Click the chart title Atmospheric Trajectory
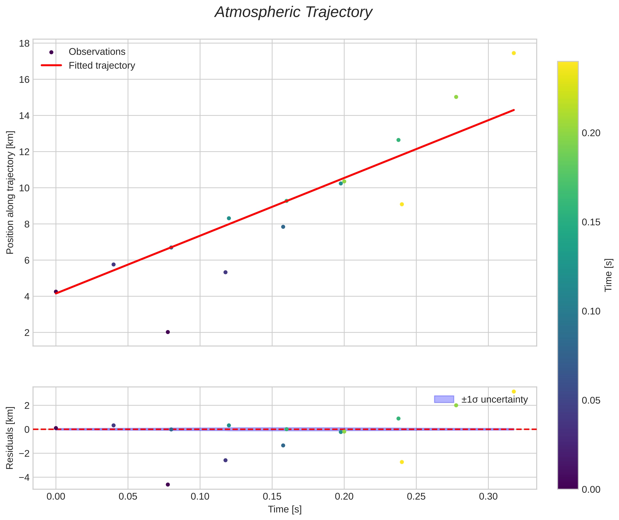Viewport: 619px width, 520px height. [x=293, y=12]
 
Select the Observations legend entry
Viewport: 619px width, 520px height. [x=97, y=52]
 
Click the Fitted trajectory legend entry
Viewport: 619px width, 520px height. [x=102, y=66]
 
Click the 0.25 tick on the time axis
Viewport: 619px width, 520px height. [x=416, y=496]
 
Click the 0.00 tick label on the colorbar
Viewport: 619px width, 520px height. [x=591, y=489]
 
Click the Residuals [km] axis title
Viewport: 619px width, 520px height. [x=10, y=438]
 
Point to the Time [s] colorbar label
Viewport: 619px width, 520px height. [x=609, y=275]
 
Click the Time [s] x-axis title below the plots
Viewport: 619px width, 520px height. [x=285, y=509]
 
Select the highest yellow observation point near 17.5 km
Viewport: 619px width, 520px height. [x=514, y=53]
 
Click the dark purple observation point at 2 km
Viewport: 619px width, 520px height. [x=168, y=332]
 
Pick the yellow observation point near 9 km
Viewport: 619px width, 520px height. [x=402, y=204]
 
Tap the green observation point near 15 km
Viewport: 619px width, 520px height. [x=456, y=97]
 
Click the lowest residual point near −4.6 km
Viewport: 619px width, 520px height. [x=168, y=485]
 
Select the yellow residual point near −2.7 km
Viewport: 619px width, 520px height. [x=402, y=462]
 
